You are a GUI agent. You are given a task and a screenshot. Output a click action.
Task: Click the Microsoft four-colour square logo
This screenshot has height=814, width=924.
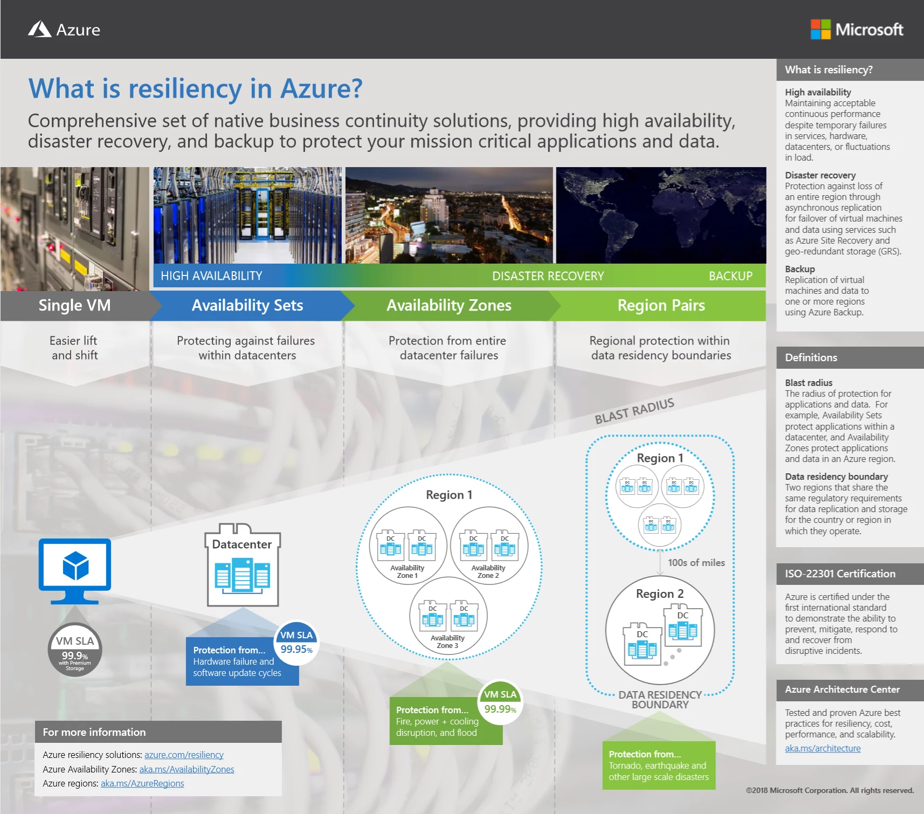click(820, 29)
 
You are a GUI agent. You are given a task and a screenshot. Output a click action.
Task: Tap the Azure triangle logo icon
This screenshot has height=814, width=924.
click(39, 29)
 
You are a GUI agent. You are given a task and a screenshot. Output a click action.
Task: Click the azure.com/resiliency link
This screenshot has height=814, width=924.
click(184, 755)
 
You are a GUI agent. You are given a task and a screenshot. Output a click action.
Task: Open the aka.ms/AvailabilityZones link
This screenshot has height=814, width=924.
click(187, 769)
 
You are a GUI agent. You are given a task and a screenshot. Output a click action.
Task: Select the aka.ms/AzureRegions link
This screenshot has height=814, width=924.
click(142, 783)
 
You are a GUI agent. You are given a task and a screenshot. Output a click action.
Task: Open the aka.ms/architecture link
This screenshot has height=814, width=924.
click(823, 748)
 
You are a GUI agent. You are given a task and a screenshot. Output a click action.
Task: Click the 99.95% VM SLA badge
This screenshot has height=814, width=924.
click(296, 643)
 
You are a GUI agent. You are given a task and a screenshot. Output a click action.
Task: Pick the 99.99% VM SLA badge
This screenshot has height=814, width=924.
click(500, 702)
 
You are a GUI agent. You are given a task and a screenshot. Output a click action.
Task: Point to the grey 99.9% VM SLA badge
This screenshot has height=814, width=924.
click(75, 650)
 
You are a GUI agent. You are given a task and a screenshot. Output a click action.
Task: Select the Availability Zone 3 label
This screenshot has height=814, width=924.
click(447, 641)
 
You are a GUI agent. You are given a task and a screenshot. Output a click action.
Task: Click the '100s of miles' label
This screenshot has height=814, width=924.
click(696, 563)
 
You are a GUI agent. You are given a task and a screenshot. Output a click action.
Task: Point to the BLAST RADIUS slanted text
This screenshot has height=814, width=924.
click(635, 411)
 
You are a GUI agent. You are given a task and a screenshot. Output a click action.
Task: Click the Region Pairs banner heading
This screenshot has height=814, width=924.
click(661, 306)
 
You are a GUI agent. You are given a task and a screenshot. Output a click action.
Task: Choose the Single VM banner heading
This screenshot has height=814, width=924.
click(74, 306)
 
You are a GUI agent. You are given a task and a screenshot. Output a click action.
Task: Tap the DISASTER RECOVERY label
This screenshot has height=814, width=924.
click(548, 276)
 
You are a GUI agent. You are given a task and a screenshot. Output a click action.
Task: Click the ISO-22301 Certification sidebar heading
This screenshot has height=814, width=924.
click(840, 574)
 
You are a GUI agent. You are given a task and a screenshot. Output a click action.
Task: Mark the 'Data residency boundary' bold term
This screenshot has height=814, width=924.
click(836, 477)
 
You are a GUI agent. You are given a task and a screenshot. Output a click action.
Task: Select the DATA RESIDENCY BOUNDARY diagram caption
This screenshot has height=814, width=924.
click(660, 700)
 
